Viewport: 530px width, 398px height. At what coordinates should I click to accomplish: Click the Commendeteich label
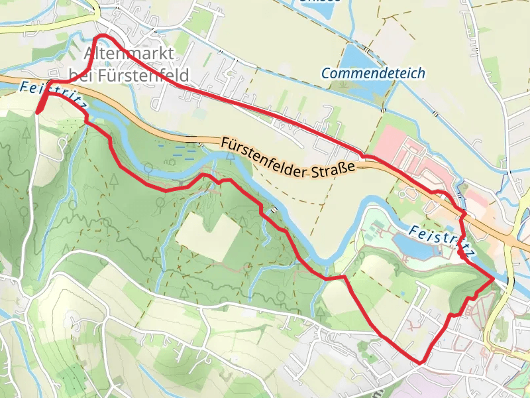[373, 73]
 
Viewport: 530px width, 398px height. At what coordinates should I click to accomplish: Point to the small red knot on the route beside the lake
[460, 254]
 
